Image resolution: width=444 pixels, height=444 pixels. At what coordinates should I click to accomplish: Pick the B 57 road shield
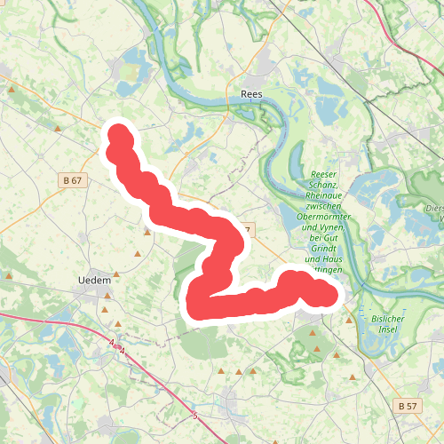click(x=407, y=405)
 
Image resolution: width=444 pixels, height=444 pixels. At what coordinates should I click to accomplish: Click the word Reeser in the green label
click(x=327, y=175)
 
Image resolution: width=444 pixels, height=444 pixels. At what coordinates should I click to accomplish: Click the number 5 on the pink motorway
click(x=194, y=415)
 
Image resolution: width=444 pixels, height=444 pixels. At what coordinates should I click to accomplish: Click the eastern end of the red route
click(x=330, y=294)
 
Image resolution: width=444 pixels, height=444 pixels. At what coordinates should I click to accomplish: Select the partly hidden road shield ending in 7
click(x=248, y=229)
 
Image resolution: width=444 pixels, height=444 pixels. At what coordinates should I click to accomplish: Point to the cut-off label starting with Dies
click(x=434, y=209)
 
